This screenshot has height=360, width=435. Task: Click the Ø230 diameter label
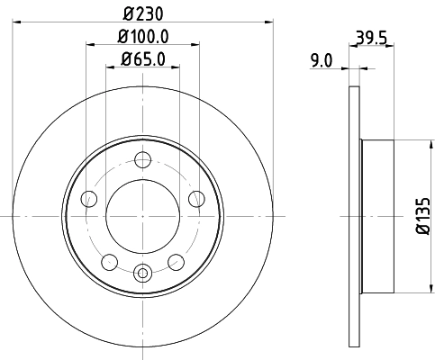[x=142, y=15]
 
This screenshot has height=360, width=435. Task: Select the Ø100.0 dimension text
[x=142, y=37]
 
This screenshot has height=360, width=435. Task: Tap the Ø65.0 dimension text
[x=142, y=60]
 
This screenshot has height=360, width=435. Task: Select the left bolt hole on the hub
[x=88, y=199]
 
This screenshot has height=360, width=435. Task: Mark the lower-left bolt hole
[x=109, y=262]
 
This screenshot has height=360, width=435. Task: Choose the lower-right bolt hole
[x=176, y=262]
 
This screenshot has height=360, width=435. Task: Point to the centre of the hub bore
[x=142, y=216]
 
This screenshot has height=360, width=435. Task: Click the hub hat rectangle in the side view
[x=376, y=216]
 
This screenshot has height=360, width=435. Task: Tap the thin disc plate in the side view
[x=352, y=216]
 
